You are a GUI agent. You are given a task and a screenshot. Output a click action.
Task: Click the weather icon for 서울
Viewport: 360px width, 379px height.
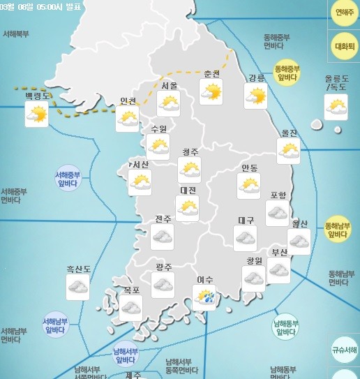point(168,104)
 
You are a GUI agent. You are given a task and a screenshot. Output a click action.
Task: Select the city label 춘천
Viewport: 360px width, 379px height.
point(211,74)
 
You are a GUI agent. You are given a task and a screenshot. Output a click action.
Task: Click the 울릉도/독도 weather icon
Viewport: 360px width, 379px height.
point(336,107)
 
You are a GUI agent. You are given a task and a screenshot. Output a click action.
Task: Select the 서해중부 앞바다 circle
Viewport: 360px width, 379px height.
point(68,179)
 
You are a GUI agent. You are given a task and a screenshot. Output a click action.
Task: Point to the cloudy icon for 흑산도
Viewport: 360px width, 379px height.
point(77,286)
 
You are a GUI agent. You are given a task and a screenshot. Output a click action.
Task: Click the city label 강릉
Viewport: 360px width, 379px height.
point(257,77)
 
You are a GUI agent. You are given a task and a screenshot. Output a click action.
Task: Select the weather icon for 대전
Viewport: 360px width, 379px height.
point(187,207)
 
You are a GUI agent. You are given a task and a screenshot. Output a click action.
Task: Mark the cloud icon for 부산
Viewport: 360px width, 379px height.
point(279,271)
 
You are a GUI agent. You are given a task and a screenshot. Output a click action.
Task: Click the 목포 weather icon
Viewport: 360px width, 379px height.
point(130,308)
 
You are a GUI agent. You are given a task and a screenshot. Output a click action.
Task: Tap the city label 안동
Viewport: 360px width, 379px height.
point(249,168)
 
